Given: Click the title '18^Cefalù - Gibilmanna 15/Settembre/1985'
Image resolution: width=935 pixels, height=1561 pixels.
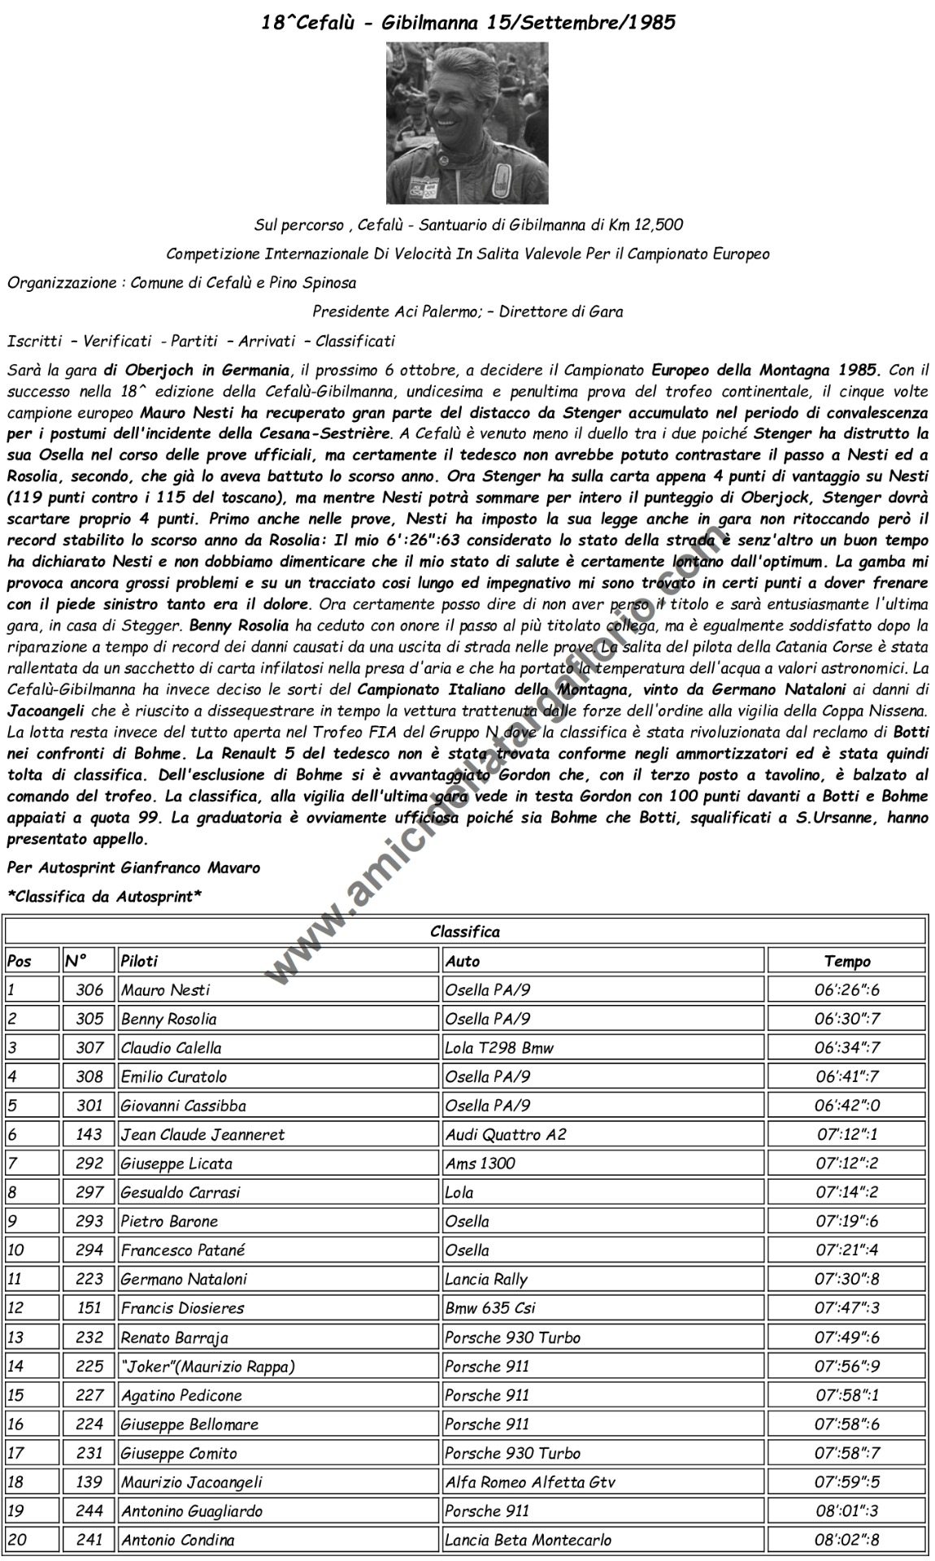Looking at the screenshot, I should click(467, 23).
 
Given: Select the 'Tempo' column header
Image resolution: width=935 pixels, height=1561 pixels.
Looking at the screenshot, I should click(846, 961).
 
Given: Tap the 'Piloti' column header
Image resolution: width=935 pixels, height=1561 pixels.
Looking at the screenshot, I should click(139, 961).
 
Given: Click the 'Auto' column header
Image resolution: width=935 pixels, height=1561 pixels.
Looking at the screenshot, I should click(463, 961).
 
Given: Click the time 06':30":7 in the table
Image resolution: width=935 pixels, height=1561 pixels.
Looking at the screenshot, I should click(846, 1019).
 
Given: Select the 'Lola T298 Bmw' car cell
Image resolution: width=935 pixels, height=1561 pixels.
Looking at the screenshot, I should click(499, 1048).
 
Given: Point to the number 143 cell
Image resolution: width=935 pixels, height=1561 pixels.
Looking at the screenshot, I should click(89, 1134).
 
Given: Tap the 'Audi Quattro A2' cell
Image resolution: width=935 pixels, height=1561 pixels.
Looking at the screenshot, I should click(505, 1134).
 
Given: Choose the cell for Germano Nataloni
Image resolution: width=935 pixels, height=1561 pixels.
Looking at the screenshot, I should click(183, 1279).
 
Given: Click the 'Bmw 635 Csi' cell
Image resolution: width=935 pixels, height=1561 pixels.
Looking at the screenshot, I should click(489, 1308).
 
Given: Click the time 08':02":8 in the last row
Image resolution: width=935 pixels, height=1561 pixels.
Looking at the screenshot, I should click(846, 1540).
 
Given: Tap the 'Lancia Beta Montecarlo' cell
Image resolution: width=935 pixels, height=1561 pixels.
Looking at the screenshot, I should click(528, 1540).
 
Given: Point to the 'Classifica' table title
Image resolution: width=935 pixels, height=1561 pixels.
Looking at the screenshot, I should click(465, 932).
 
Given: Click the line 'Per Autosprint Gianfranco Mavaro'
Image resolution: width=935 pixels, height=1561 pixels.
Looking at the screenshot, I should click(133, 867).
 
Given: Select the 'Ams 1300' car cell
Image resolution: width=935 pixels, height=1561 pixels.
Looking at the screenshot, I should click(480, 1163).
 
